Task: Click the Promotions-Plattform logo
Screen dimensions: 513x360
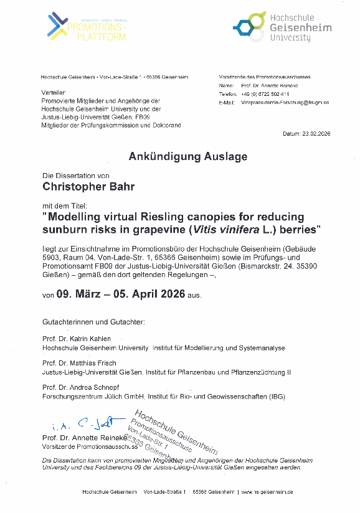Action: click(87, 27)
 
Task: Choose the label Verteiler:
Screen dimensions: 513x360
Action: click(53, 92)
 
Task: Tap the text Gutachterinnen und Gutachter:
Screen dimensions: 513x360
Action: click(93, 322)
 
